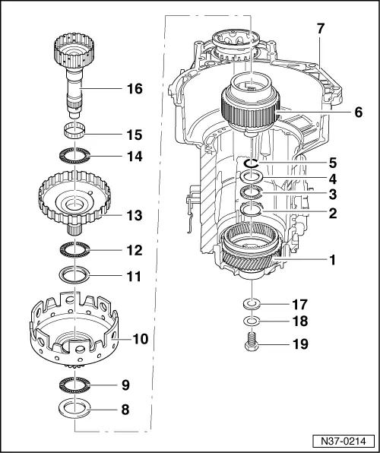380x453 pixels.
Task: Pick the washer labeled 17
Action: [252, 305]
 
